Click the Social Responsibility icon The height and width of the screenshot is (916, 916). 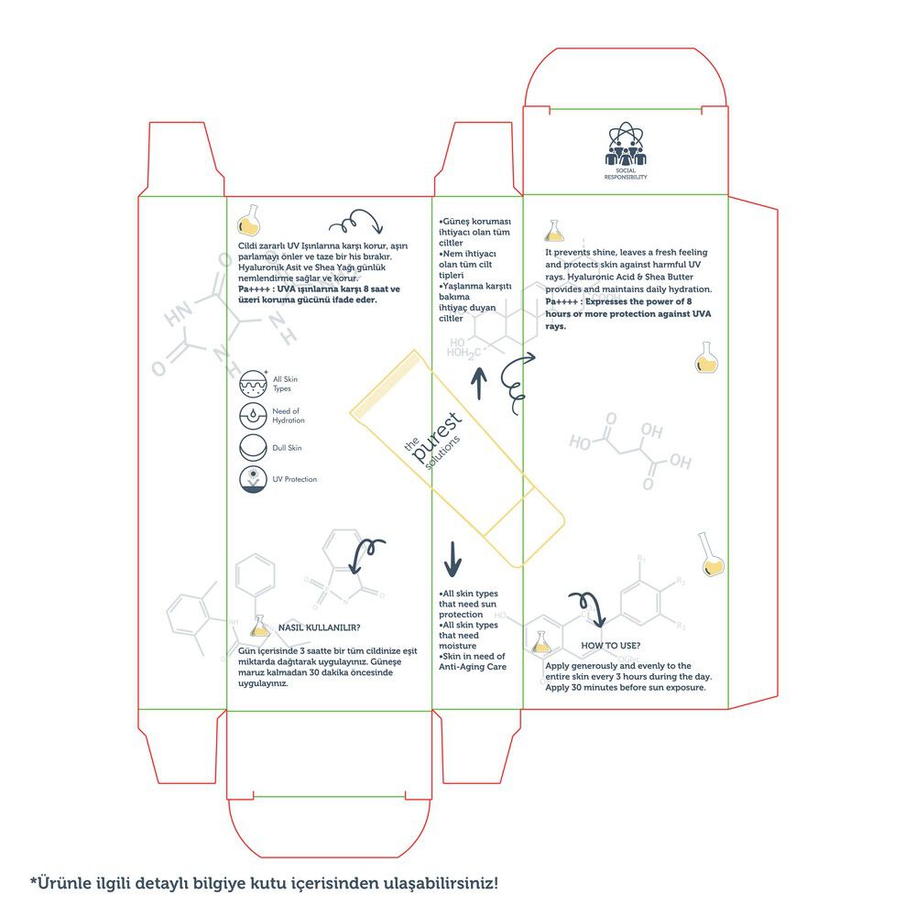click(626, 145)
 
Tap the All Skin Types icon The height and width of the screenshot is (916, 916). click(253, 383)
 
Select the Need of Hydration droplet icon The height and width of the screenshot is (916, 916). click(253, 416)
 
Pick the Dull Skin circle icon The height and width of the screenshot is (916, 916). click(253, 448)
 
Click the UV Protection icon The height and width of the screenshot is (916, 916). click(253, 479)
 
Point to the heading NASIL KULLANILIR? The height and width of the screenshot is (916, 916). click(318, 627)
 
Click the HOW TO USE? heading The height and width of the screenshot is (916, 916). click(610, 646)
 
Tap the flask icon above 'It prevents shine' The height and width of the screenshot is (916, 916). click(554, 230)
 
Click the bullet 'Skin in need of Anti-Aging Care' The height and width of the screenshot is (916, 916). click(472, 661)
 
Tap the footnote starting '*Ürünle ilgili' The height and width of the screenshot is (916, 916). click(265, 884)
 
